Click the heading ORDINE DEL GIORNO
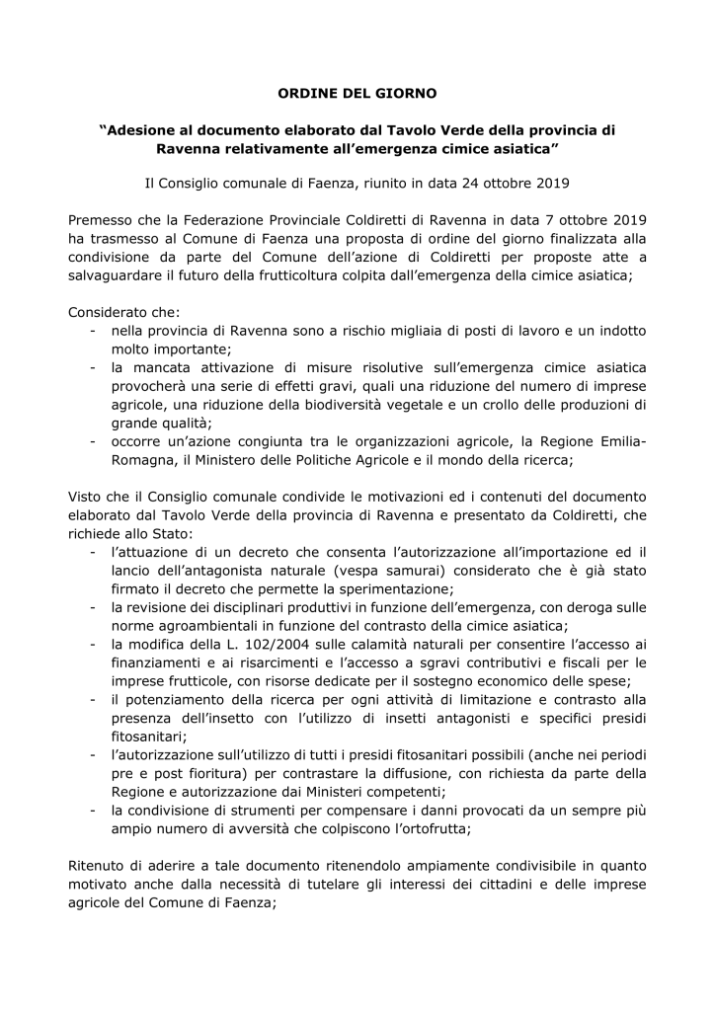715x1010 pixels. click(357, 94)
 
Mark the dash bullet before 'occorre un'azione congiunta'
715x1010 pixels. click(92, 441)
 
